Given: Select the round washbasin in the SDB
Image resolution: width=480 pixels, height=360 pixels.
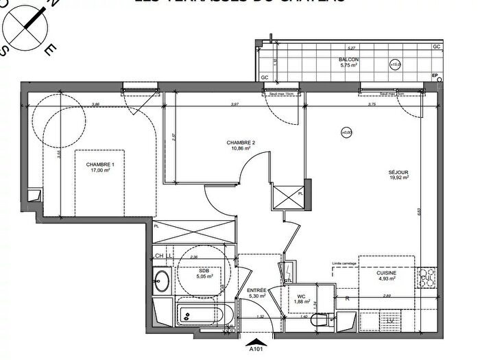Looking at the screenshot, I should click(x=161, y=280).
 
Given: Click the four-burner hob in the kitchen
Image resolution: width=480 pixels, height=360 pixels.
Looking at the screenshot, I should click(x=427, y=277).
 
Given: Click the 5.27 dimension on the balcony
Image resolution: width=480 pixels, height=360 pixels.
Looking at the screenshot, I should click(x=350, y=49).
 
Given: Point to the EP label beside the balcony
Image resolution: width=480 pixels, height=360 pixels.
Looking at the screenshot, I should click(x=435, y=75).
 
